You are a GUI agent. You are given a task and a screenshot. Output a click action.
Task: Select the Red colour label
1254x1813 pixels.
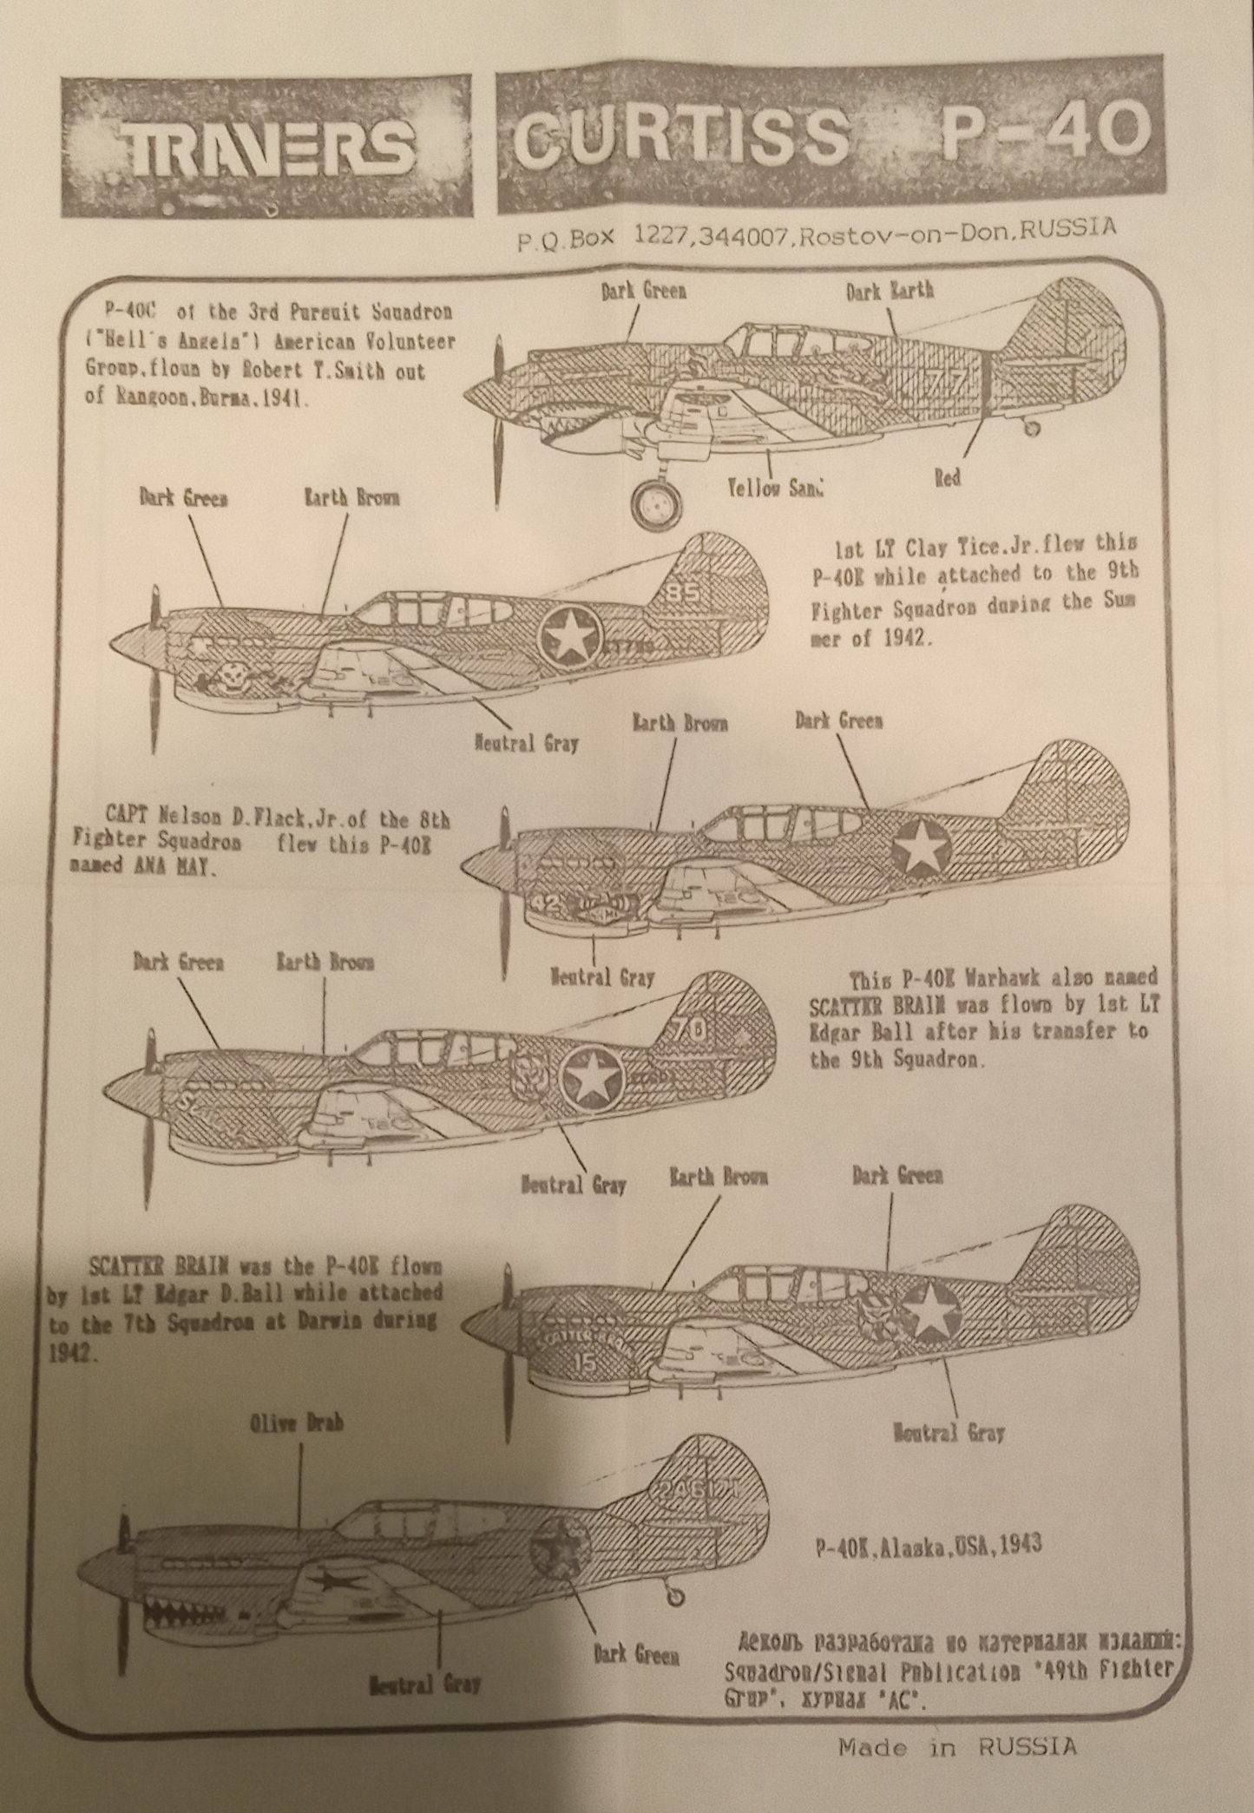947,478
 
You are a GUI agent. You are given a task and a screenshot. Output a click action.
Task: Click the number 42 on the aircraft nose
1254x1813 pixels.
548,903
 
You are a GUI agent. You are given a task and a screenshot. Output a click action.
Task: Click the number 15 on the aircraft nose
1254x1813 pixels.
587,1362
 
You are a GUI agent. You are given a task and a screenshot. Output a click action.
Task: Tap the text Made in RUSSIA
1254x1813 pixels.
957,1746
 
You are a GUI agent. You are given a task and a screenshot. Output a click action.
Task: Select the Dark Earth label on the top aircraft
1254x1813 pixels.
890,290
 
